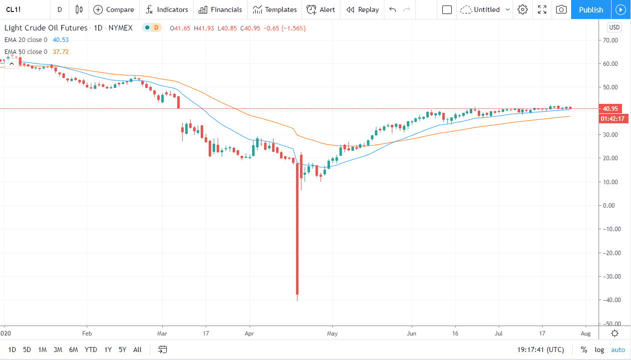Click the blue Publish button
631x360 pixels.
(591, 9)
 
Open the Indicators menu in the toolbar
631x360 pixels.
(167, 9)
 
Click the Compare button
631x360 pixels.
(114, 9)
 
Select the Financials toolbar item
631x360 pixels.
(220, 9)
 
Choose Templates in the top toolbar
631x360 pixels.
(275, 9)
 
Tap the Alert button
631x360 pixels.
(321, 9)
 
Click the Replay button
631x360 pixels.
(362, 9)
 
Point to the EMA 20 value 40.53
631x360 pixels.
(60, 39)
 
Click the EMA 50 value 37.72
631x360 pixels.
(60, 51)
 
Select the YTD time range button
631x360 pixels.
(91, 350)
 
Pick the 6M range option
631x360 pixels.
(73, 350)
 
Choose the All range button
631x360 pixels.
(138, 350)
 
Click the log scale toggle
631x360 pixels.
(600, 350)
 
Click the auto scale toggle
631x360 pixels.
(618, 350)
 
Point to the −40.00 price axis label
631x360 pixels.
(611, 300)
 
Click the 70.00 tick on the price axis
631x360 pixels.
(611, 40)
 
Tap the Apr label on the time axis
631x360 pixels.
(250, 333)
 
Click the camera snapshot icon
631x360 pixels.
(562, 9)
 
